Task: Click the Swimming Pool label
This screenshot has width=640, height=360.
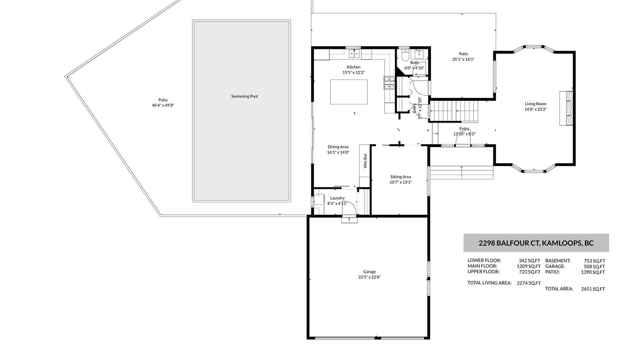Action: (245, 96)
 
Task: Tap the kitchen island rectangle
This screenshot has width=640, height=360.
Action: (349, 92)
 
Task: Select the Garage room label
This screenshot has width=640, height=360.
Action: (369, 272)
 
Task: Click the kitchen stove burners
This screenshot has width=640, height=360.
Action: (389, 83)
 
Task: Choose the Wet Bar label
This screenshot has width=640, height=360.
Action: (365, 161)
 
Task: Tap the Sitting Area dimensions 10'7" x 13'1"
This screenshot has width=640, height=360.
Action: (401, 182)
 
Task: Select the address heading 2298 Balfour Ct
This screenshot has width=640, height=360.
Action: (536, 243)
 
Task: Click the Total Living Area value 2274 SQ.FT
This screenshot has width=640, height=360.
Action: (529, 283)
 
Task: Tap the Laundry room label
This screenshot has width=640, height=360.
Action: (337, 198)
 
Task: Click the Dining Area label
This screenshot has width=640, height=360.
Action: (338, 147)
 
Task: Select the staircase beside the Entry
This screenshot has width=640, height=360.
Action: (454, 111)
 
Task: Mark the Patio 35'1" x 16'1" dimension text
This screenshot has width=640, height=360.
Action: (463, 59)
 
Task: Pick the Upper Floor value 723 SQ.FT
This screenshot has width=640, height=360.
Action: (530, 272)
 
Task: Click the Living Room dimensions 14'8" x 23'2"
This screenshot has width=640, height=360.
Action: (536, 109)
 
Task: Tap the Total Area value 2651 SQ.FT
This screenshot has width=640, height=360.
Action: (593, 289)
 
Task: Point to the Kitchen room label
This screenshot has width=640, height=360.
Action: (353, 67)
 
